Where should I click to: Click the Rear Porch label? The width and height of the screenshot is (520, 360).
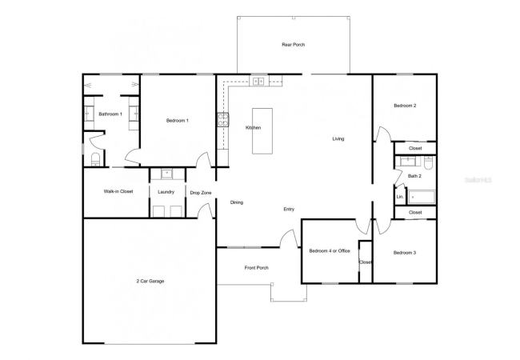(293, 45)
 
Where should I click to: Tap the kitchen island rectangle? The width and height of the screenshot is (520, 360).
(262, 131)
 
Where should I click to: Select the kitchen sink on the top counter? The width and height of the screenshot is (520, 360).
(258, 81)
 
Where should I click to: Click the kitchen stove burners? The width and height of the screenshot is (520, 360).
(223, 120)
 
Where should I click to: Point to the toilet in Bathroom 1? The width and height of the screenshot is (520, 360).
(95, 159)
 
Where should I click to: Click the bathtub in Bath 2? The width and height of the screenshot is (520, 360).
(422, 197)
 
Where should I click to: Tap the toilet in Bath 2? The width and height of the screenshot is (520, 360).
(429, 162)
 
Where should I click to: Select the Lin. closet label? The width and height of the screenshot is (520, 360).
(400, 197)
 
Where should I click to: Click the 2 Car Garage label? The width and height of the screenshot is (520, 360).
(150, 281)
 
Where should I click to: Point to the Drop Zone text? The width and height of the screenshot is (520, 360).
(201, 193)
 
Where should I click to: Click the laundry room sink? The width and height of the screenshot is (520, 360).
(166, 174)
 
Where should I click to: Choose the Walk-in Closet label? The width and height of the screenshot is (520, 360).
(118, 191)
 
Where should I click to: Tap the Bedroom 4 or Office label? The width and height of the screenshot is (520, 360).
(330, 251)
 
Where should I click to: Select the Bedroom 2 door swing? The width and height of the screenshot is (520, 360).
(382, 133)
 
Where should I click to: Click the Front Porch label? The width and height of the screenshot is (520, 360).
(257, 267)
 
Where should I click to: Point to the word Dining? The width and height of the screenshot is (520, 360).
(237, 202)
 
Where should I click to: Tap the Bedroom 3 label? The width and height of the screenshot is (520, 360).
(405, 253)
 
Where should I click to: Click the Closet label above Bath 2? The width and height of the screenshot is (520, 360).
(415, 148)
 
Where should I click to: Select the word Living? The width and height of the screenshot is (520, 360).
(338, 139)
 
